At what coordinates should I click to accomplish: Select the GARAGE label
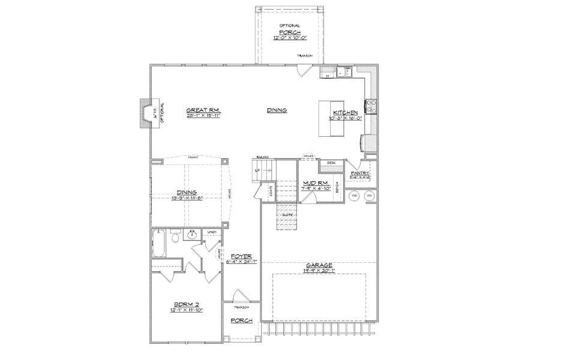point(319,265)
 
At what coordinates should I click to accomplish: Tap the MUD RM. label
point(314,182)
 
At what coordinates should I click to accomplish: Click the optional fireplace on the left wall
point(144,114)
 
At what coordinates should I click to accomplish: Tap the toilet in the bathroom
point(175,238)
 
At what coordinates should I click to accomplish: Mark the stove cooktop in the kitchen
point(371,106)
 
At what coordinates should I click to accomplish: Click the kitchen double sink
point(344,72)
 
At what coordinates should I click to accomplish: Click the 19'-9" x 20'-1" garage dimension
point(319,271)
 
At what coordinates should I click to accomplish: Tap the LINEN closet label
point(211,232)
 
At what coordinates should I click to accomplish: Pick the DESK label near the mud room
point(331,163)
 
